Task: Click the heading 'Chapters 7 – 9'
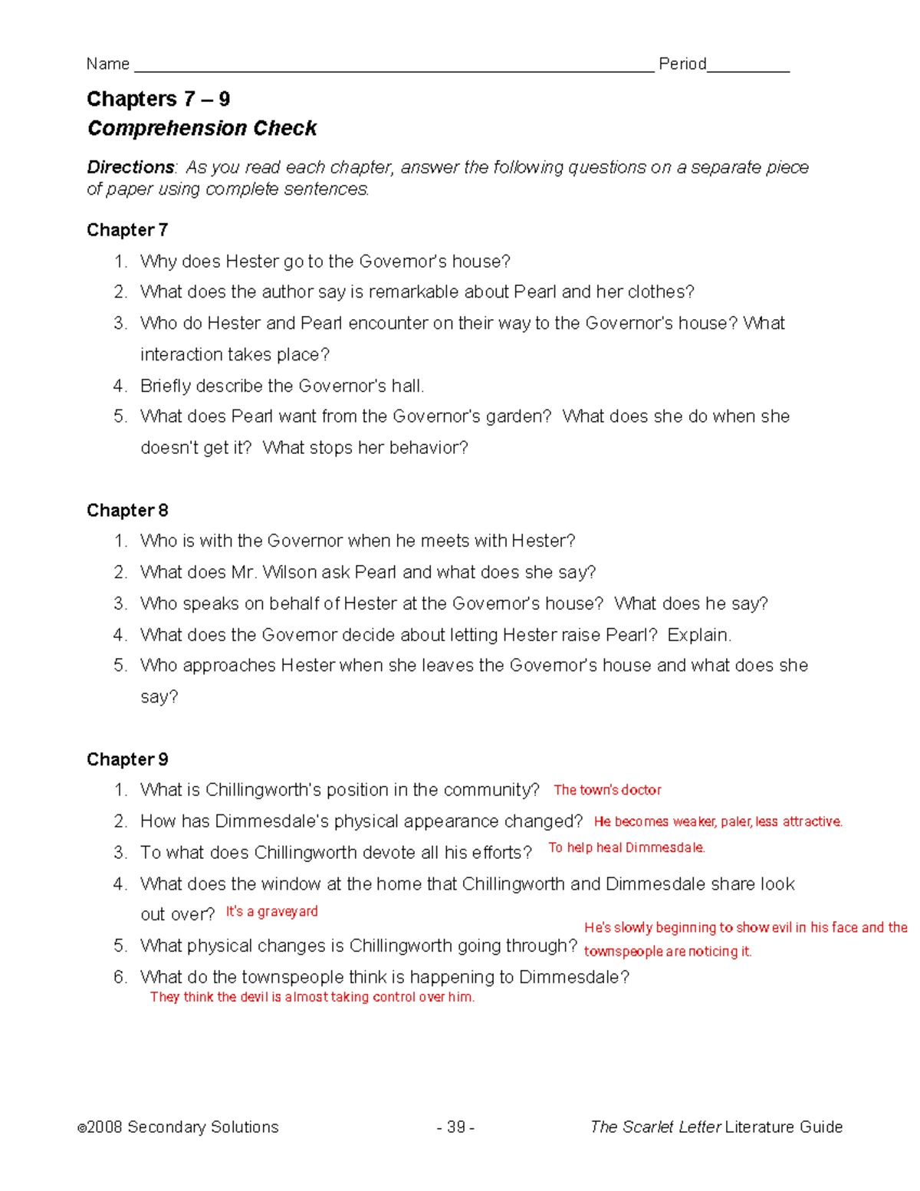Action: pos(158,99)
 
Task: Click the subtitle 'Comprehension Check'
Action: pos(202,128)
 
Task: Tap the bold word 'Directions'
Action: pos(130,167)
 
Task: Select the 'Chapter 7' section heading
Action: pos(127,230)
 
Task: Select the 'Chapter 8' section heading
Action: pos(127,511)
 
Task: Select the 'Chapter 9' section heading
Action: pos(127,759)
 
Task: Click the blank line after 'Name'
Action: pos(393,66)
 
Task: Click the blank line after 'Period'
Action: pos(747,66)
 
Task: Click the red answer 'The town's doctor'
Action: pos(607,790)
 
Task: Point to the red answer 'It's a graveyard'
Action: pos(271,912)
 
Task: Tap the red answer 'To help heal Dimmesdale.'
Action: pos(626,847)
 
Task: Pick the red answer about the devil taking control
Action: pos(312,997)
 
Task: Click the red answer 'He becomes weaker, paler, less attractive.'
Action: pos(718,821)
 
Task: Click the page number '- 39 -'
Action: pos(455,1127)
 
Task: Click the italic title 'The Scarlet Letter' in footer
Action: pos(655,1127)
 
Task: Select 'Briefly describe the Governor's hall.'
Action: pos(282,386)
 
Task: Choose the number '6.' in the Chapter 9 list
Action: pos(120,977)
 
